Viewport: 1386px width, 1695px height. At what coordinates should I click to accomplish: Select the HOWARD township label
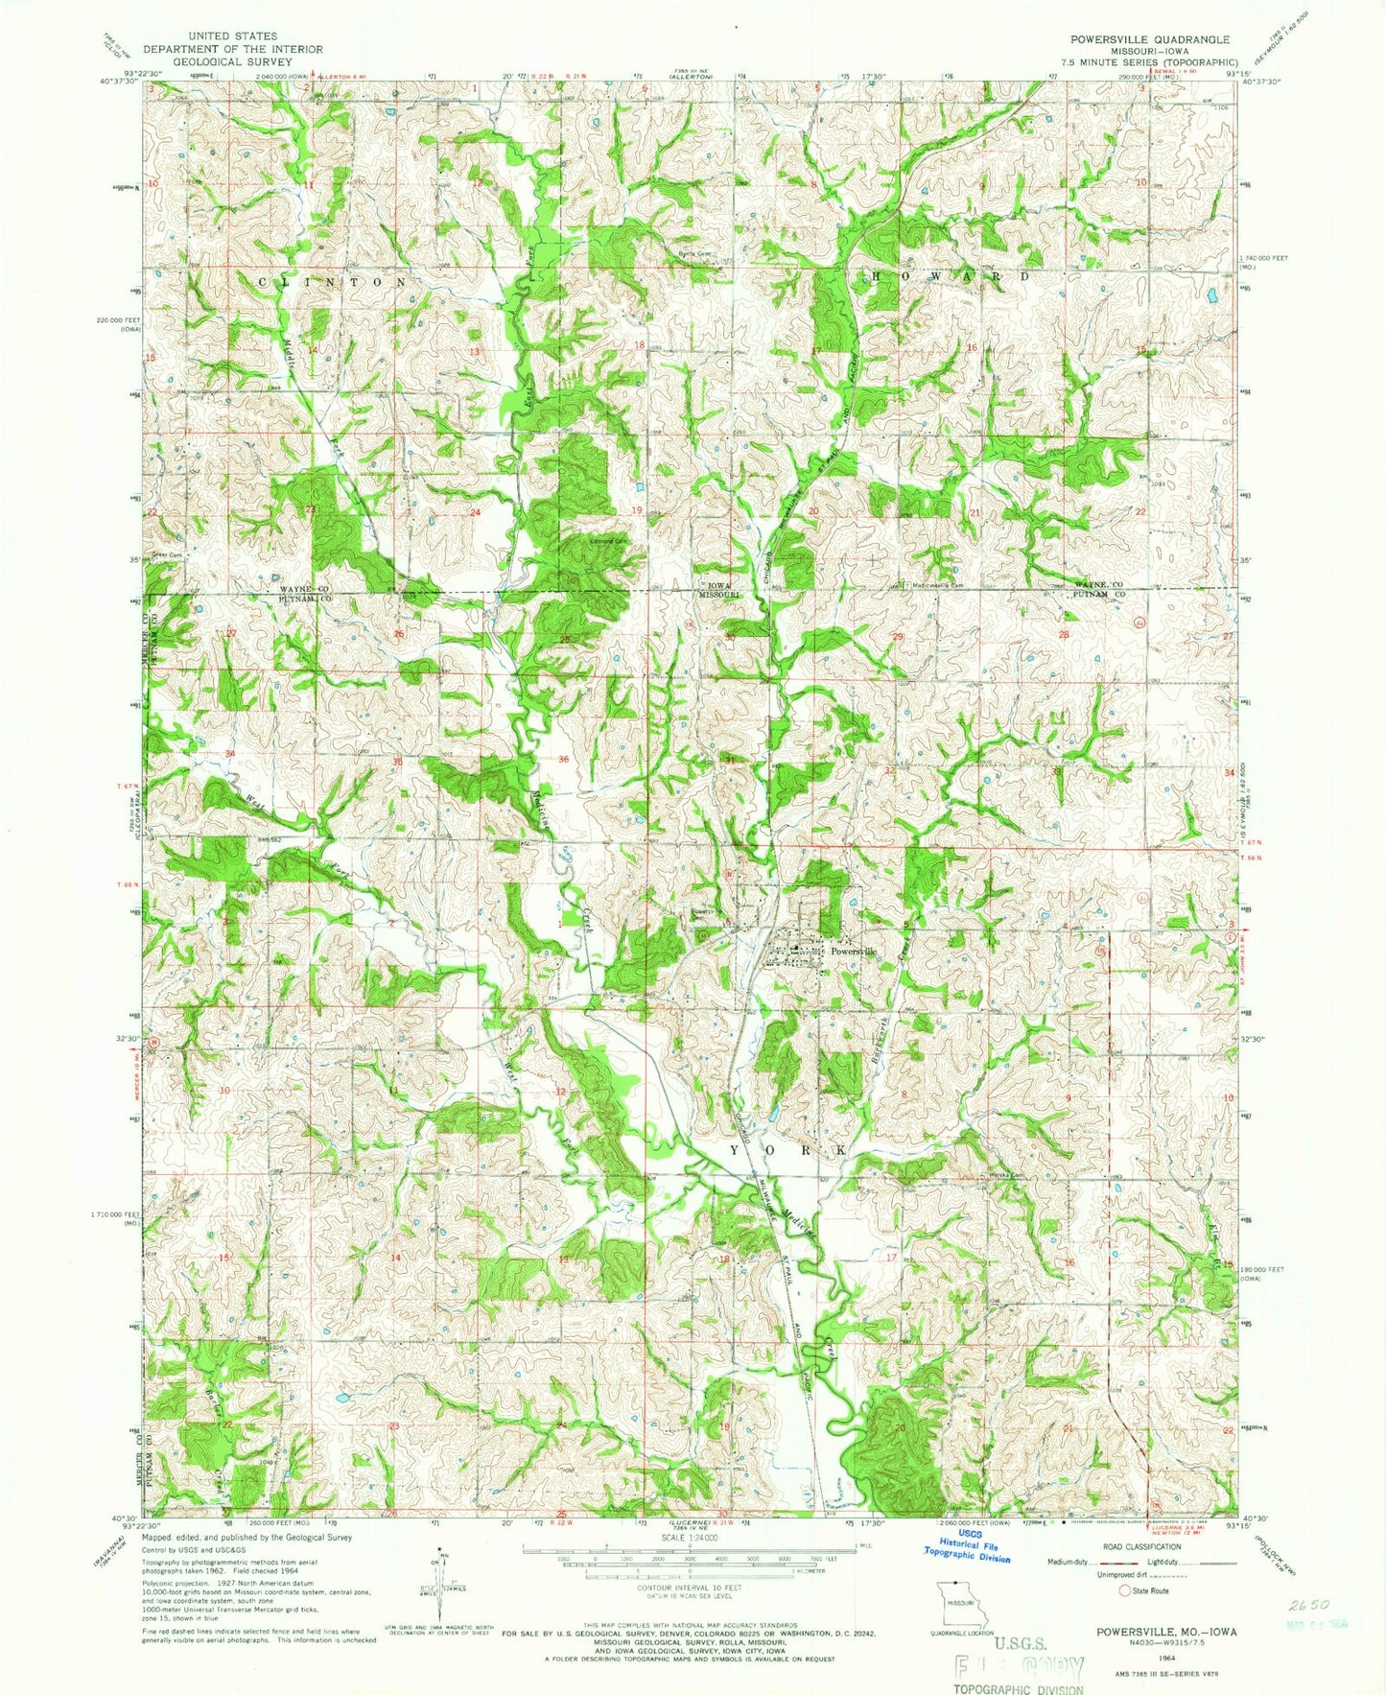pyautogui.click(x=952, y=276)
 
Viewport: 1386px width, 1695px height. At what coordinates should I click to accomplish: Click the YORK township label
pyautogui.click(x=788, y=1149)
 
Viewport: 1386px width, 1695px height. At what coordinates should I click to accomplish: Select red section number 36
pyautogui.click(x=563, y=759)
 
